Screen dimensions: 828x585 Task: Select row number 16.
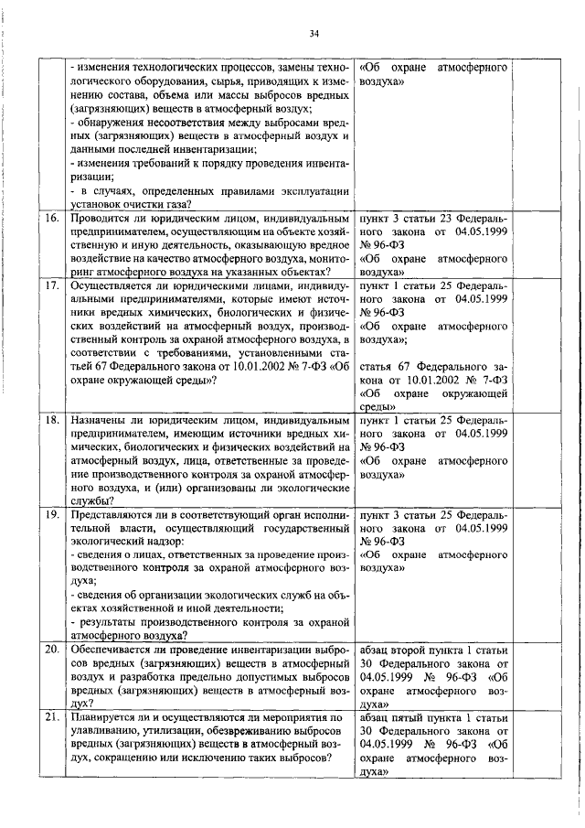pos(53,220)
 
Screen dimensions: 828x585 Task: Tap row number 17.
pos(53,286)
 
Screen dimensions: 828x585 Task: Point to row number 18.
pos(53,420)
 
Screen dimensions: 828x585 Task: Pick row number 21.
pos(53,717)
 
